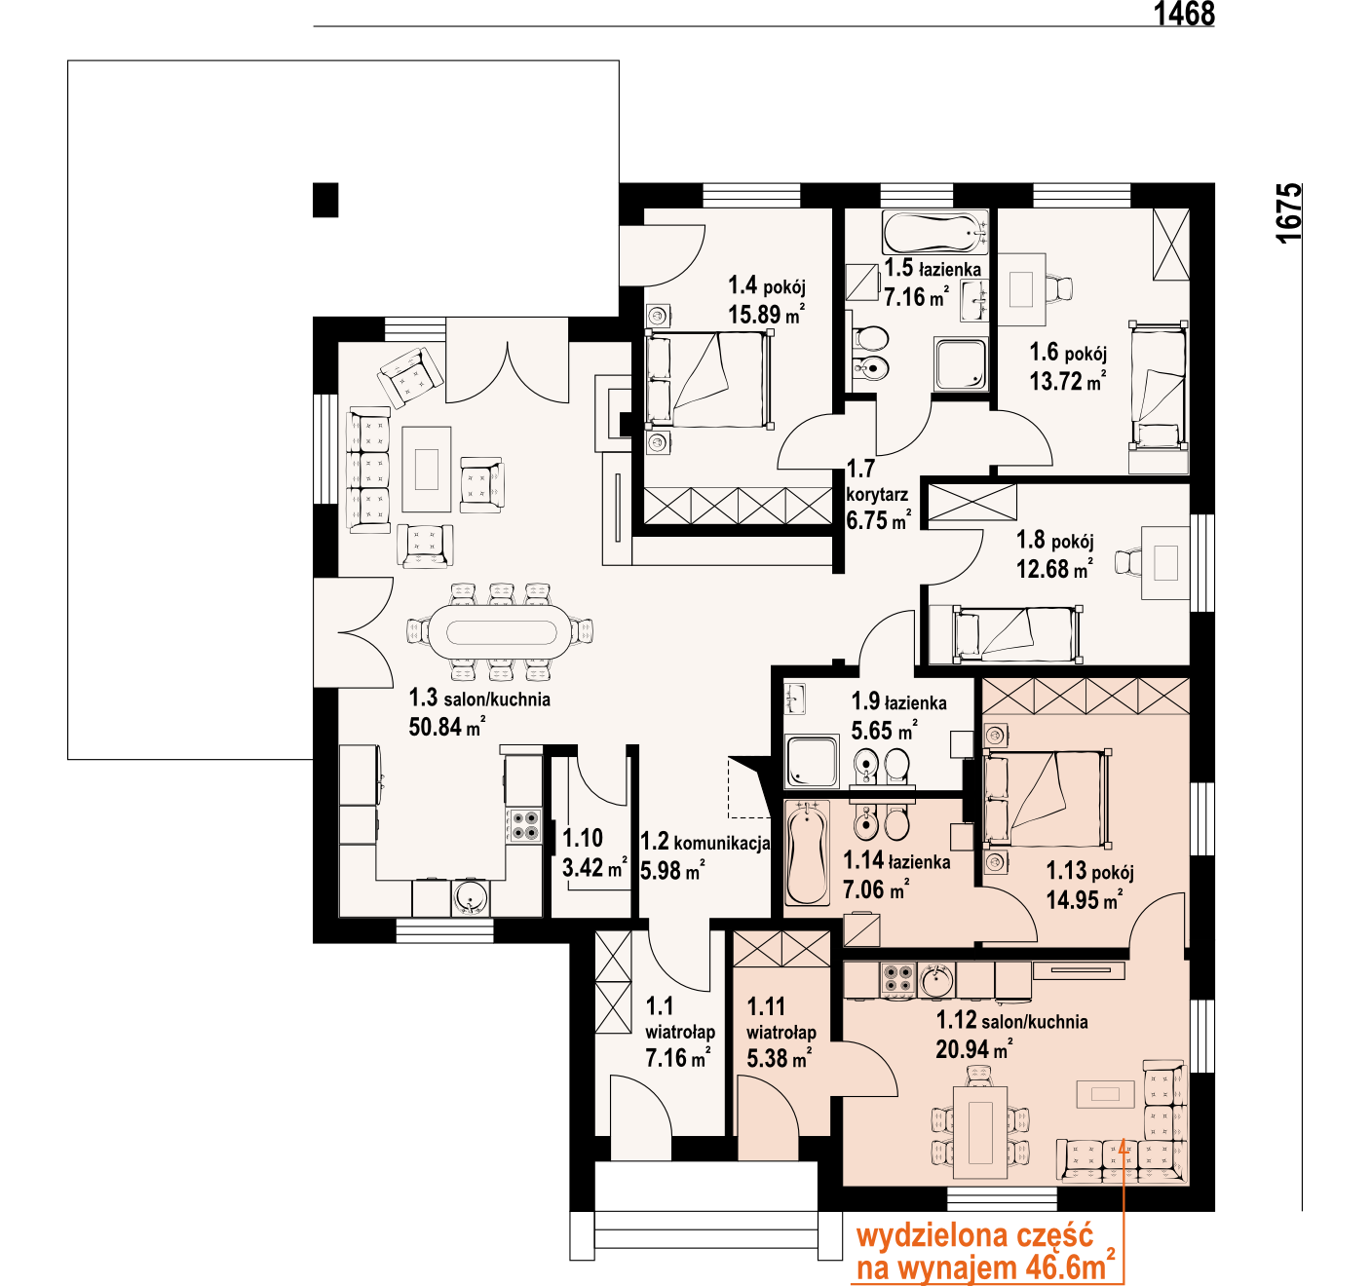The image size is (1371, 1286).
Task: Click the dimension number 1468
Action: pos(1184,14)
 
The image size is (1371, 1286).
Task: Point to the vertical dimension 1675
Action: pos(1289,212)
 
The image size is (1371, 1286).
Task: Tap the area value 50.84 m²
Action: pos(446,727)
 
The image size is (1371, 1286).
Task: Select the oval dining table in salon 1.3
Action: pos(501,631)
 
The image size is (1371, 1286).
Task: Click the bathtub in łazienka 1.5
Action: pos(934,233)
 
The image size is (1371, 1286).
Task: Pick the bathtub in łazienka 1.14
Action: pos(807,853)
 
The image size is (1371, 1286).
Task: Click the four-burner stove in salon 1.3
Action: pos(524,825)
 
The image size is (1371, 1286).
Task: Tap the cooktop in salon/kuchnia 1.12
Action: pos(897,980)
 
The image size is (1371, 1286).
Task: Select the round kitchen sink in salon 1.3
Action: pos(470,898)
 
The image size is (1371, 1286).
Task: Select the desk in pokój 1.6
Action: pos(1022,289)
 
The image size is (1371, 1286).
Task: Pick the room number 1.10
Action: pos(583,838)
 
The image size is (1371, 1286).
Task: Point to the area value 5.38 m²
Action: pos(779,1057)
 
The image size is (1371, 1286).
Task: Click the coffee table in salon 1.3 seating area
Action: pos(427,470)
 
